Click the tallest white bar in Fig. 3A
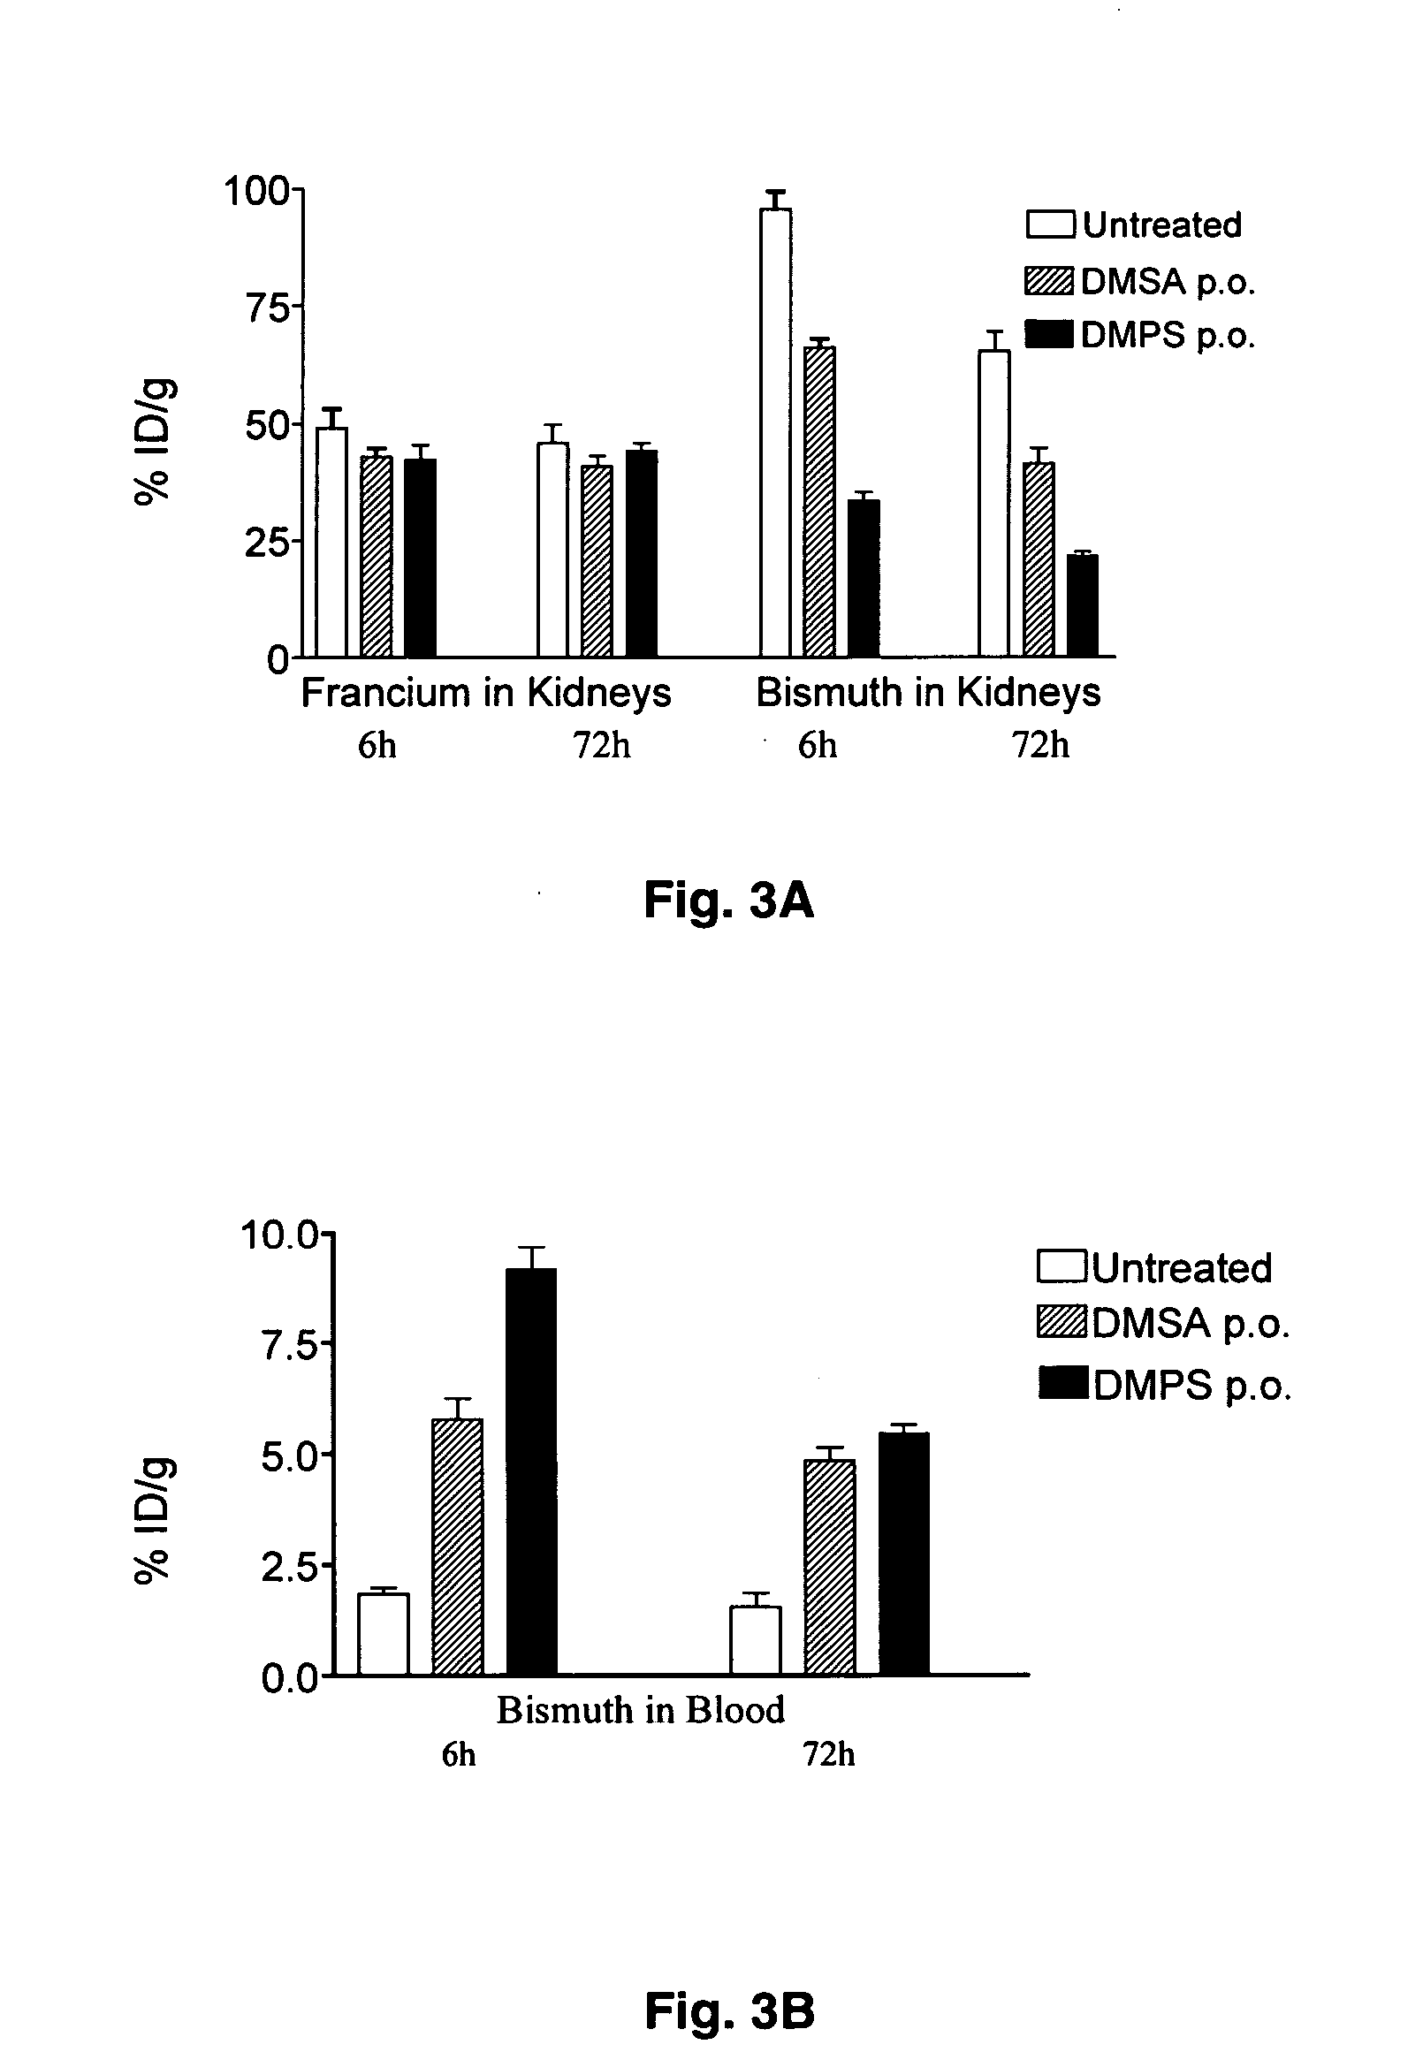tap(775, 432)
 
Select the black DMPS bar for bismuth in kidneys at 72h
tap(1083, 605)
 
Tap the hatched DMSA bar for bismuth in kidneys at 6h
tap(819, 501)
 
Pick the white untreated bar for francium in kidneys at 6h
tap(331, 542)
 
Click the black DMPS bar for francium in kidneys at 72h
tap(641, 553)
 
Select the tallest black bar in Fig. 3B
tap(531, 1471)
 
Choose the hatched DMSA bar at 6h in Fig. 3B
tap(458, 1547)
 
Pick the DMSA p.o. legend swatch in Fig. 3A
tap(1048, 282)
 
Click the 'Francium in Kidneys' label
tap(486, 693)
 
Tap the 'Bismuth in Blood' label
tap(640, 1710)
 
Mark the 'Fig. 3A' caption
tap(728, 901)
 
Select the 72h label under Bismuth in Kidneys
tap(1039, 744)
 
